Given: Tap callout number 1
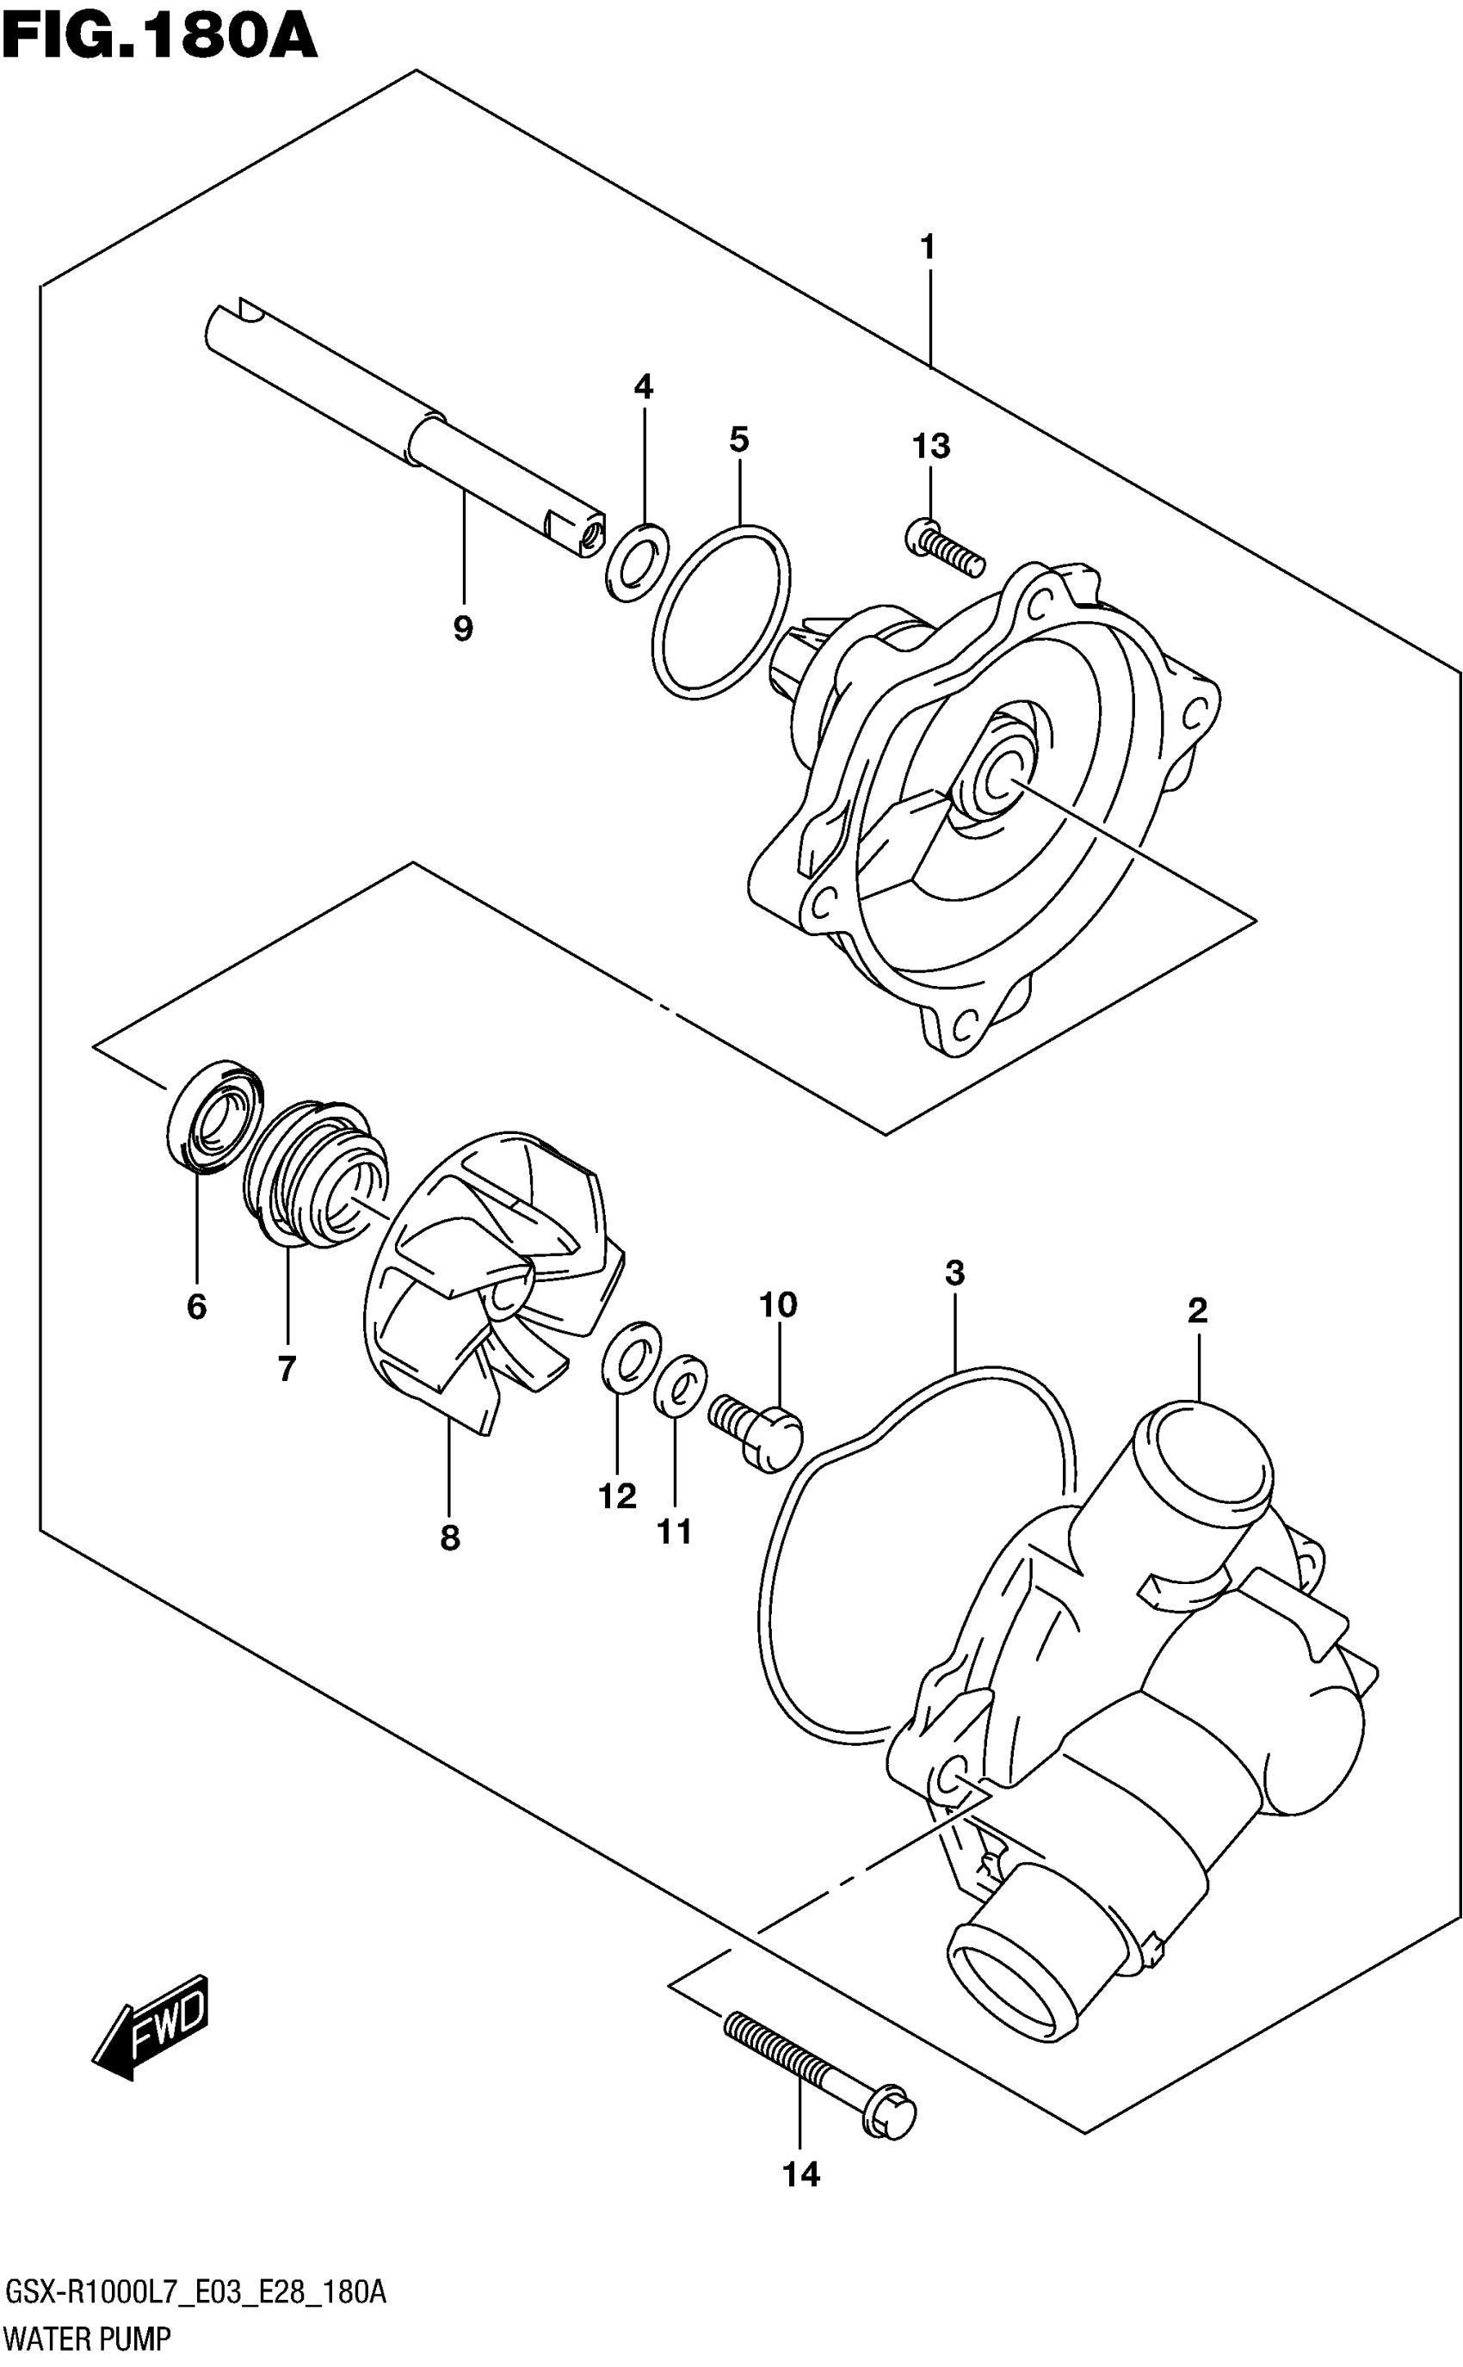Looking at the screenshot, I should pyautogui.click(x=927, y=248).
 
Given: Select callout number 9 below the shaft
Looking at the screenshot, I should pyautogui.click(x=462, y=629).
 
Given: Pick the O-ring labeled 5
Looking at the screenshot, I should pyautogui.click(x=721, y=610).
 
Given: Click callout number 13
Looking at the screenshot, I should pyautogui.click(x=931, y=446).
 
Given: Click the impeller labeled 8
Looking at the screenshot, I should pyautogui.click(x=484, y=1277).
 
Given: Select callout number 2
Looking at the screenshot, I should pyautogui.click(x=1197, y=1310).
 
